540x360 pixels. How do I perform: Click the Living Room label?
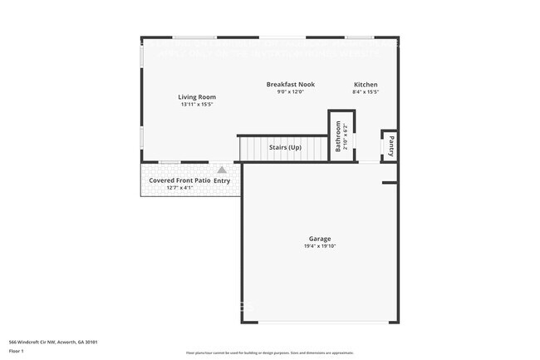pos(197,97)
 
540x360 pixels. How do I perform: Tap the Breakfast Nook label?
pos(290,85)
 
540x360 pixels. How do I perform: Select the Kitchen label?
pos(366,85)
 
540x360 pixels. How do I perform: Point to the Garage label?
pos(320,239)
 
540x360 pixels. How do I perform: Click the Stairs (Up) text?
pos(284,148)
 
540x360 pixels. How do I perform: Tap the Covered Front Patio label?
pos(179,180)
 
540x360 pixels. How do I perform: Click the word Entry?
pos(222,180)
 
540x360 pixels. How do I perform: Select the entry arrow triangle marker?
pos(222,170)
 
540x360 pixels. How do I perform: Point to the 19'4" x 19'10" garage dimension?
pos(320,247)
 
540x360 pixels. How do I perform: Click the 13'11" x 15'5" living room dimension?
pos(197,105)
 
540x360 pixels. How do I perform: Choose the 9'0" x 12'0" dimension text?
pos(290,92)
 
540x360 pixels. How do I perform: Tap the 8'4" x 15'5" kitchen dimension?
pos(366,92)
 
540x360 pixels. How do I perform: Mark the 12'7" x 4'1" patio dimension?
pos(179,188)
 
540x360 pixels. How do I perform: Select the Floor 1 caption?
pos(17,351)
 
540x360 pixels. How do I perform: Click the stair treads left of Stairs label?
pos(252,148)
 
